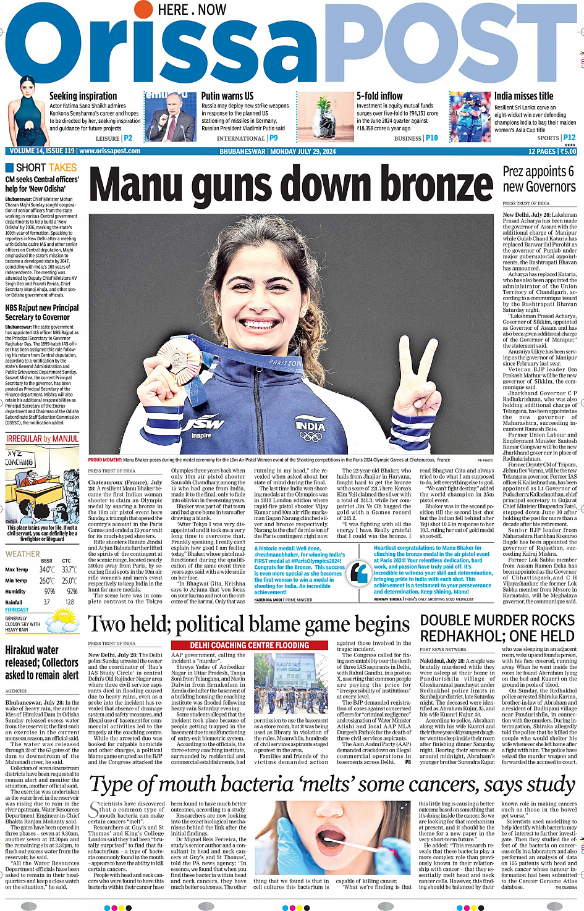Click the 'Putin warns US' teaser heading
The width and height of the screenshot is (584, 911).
[x=227, y=96]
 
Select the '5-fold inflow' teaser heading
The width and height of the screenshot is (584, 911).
[x=379, y=96]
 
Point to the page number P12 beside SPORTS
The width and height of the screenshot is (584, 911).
[x=569, y=138]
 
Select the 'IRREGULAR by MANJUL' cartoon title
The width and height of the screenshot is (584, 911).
[x=43, y=439]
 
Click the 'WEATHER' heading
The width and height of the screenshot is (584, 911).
[x=22, y=554]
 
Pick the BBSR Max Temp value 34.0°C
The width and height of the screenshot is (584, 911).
[x=47, y=569]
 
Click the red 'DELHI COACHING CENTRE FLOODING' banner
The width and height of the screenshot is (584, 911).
[x=250, y=645]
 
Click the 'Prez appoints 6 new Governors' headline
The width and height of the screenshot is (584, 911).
[x=539, y=179]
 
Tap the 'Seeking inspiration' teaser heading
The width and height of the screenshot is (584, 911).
[x=83, y=96]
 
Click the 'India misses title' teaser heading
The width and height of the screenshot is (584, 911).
[x=523, y=96]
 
